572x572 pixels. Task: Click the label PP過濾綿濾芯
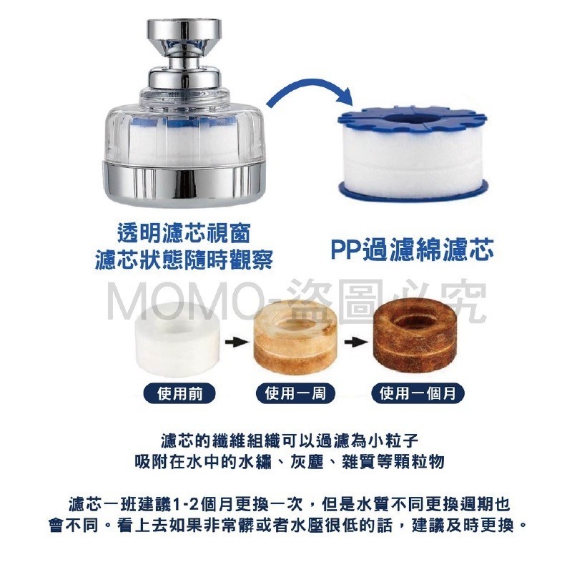click(412, 251)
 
